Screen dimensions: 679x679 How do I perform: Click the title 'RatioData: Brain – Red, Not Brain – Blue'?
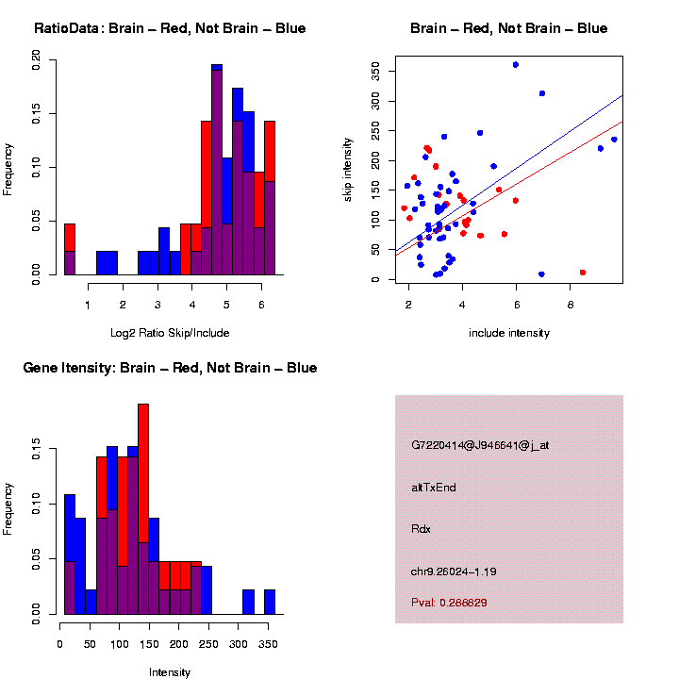click(170, 28)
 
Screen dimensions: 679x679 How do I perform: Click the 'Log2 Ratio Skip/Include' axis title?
click(170, 332)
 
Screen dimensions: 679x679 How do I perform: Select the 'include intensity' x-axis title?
click(509, 333)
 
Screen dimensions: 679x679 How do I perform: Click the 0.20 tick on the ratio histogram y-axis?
click(37, 61)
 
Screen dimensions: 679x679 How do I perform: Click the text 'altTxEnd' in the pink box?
click(435, 488)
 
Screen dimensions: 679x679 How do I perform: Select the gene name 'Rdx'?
click(421, 529)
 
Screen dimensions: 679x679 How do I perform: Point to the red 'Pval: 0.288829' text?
click(449, 602)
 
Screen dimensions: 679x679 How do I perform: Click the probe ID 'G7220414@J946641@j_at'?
click(479, 445)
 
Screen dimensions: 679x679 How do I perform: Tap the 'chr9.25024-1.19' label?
click(454, 571)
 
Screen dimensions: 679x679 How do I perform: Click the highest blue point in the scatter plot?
click(515, 64)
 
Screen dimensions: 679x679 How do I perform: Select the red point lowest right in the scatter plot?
click(583, 273)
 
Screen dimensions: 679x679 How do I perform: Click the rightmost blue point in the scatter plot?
click(614, 140)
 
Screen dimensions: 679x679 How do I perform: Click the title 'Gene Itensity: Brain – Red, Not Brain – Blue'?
click(170, 368)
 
